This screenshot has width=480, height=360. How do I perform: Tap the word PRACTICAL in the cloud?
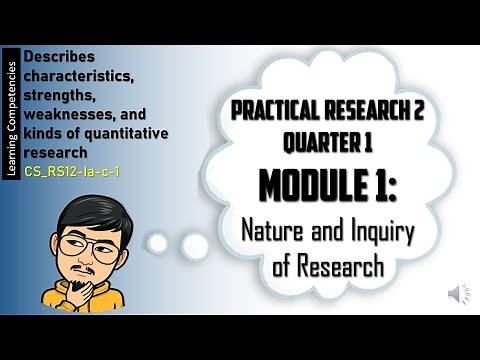[272, 114]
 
